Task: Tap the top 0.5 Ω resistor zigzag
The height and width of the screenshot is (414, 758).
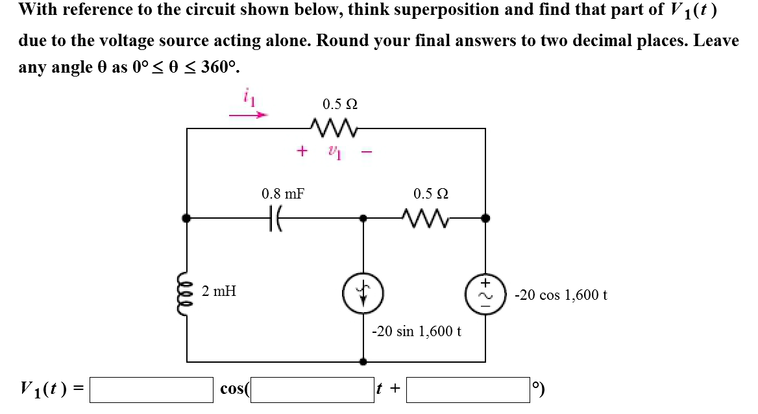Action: tap(336, 125)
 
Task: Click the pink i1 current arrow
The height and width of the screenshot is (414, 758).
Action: tap(248, 115)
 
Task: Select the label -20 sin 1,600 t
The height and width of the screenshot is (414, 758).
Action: tap(416, 331)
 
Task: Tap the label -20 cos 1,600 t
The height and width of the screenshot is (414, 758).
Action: tap(560, 295)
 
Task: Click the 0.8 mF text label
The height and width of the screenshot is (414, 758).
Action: tap(282, 193)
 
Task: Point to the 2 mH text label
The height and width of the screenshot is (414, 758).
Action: tap(219, 291)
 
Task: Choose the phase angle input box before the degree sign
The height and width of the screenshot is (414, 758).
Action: tap(468, 389)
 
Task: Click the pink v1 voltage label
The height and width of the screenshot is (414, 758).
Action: tap(334, 152)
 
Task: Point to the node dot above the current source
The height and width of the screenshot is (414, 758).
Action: tap(363, 219)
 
